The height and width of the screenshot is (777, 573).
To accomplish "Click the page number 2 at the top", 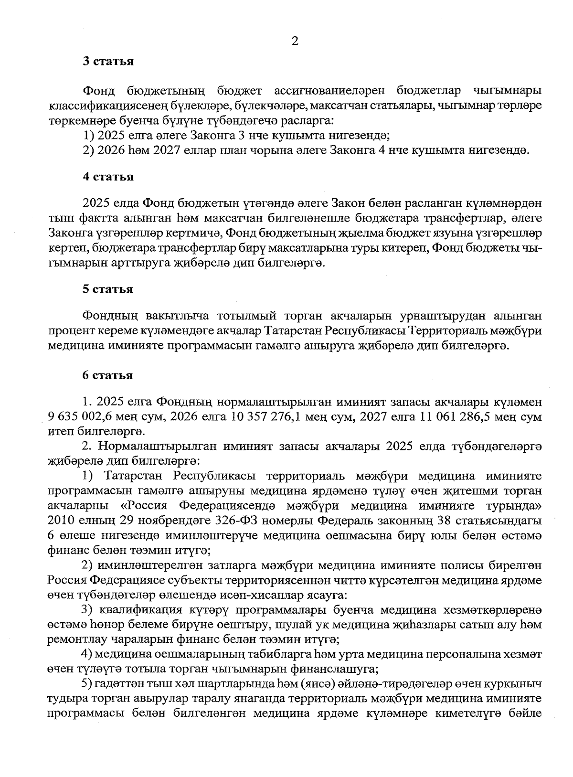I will tap(295, 42).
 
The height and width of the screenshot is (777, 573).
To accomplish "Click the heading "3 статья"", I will tap(108, 62).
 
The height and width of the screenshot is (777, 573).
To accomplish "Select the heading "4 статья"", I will tap(108, 177).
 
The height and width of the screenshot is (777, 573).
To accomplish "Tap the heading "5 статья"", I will tap(108, 289).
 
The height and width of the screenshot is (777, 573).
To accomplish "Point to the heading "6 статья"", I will tap(108, 375).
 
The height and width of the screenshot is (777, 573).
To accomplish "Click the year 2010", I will tap(60, 521).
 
